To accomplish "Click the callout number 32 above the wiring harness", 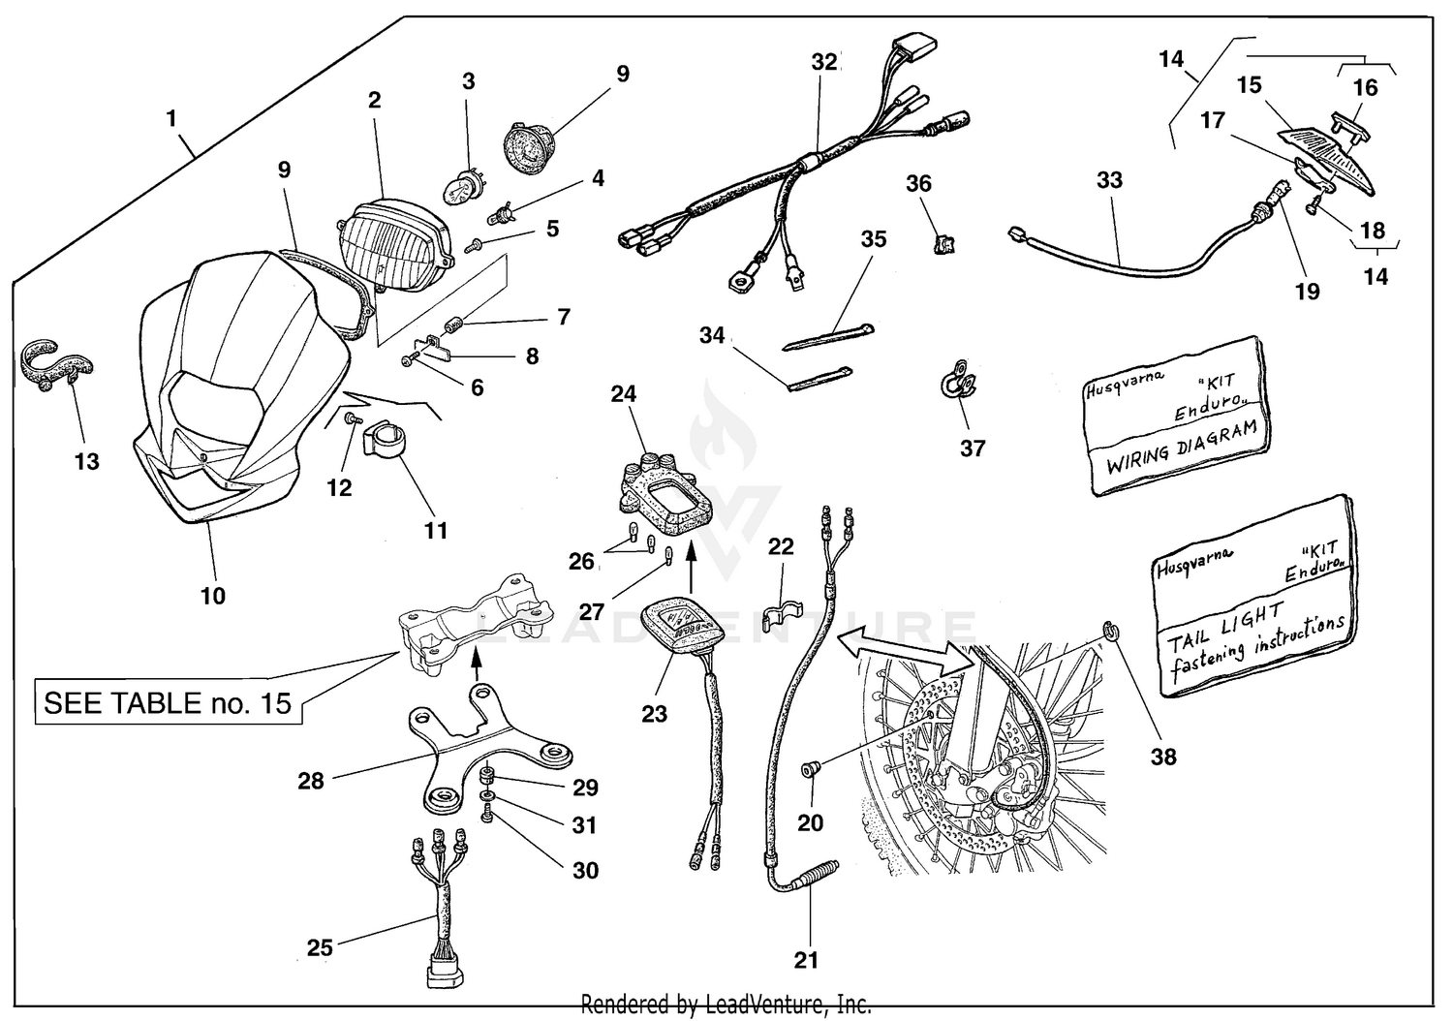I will click(823, 62).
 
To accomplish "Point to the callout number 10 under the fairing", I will click(213, 595).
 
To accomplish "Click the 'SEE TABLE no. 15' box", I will click(168, 702).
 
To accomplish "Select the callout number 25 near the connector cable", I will click(320, 946).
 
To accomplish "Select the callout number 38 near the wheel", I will click(1163, 756).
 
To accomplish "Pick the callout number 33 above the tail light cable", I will click(1109, 179).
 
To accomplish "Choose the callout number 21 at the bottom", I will click(806, 960).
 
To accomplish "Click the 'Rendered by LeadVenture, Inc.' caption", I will click(726, 1005).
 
